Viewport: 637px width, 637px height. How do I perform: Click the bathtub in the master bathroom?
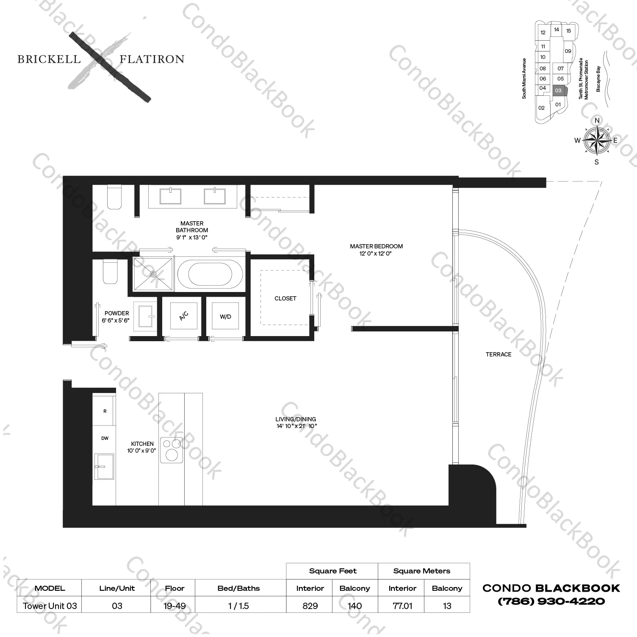[x=210, y=274]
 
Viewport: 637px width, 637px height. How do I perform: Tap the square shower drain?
[x=153, y=274]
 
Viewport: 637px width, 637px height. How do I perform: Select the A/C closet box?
[x=183, y=316]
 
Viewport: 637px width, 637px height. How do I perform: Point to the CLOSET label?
[x=285, y=298]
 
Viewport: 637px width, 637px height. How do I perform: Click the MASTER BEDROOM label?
[x=376, y=246]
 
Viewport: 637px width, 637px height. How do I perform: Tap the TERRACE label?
[x=499, y=354]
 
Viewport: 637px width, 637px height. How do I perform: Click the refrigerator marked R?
[x=105, y=411]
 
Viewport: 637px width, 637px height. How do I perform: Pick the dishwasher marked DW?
[x=105, y=438]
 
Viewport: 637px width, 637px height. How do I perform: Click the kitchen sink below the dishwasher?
[x=104, y=466]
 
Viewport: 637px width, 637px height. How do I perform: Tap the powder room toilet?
[x=110, y=272]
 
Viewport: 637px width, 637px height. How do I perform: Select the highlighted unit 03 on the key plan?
[x=558, y=90]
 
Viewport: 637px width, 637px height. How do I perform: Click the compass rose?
[x=596, y=140]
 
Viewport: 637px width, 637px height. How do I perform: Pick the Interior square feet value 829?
[x=310, y=606]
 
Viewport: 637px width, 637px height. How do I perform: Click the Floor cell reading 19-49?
[x=174, y=606]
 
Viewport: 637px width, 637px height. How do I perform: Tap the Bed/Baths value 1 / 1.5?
[x=238, y=606]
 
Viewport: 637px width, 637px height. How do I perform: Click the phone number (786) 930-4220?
[x=551, y=601]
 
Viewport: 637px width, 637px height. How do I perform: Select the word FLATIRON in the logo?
[x=152, y=59]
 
